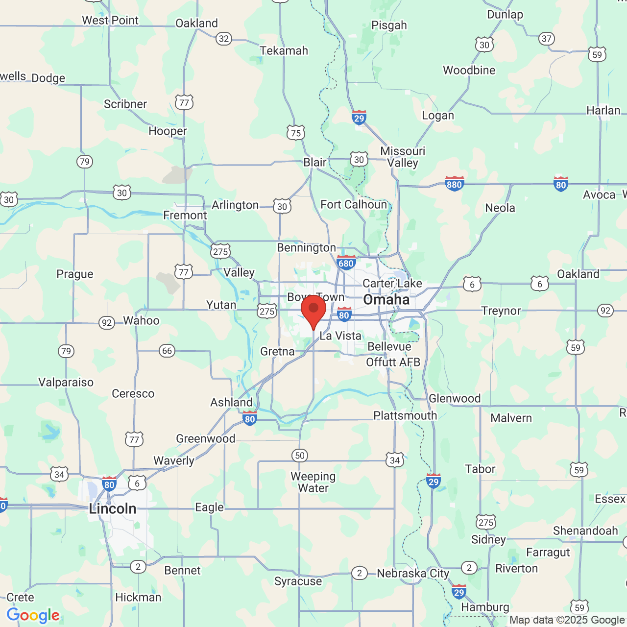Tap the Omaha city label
pos(386,300)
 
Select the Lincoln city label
pos(113,508)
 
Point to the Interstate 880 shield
pos(454,184)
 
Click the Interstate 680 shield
pos(346,263)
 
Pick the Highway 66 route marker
pos(167,351)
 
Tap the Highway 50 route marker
pos(300,456)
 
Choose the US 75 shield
pos(296,133)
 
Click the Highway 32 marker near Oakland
pos(224,39)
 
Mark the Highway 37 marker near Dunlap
pos(547,39)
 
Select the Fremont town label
pos(185,216)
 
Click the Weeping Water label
pos(313,482)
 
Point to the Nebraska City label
pos(413,573)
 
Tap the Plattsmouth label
pos(405,415)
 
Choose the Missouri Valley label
pos(403,157)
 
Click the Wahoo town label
pos(141,320)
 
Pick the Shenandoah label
pos(585,531)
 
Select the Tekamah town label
pos(284,50)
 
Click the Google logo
pos(33,615)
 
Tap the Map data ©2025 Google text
pos(567,620)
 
